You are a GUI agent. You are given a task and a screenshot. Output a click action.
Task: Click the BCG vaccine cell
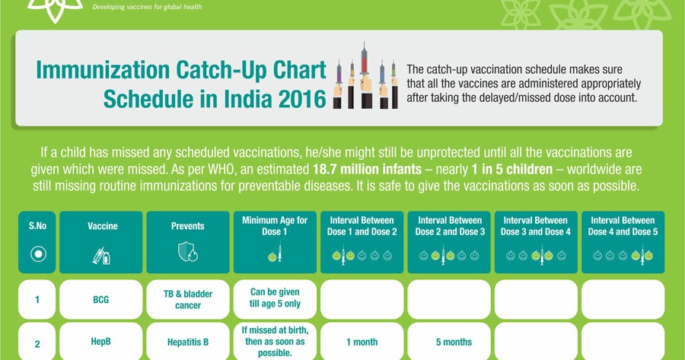(x=101, y=299)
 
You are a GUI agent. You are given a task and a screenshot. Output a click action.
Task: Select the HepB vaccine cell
(x=101, y=342)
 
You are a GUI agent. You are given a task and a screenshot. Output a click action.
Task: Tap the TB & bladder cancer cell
(x=187, y=299)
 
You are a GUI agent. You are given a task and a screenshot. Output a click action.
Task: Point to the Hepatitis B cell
(x=187, y=342)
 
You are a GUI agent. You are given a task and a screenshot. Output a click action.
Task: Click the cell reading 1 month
(x=362, y=342)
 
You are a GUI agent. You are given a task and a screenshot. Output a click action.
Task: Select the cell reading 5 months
(x=449, y=342)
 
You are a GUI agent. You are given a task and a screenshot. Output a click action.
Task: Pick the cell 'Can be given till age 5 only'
(x=275, y=299)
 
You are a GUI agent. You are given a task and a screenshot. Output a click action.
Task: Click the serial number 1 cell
(x=37, y=299)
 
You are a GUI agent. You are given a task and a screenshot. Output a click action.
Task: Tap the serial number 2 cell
(x=37, y=342)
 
